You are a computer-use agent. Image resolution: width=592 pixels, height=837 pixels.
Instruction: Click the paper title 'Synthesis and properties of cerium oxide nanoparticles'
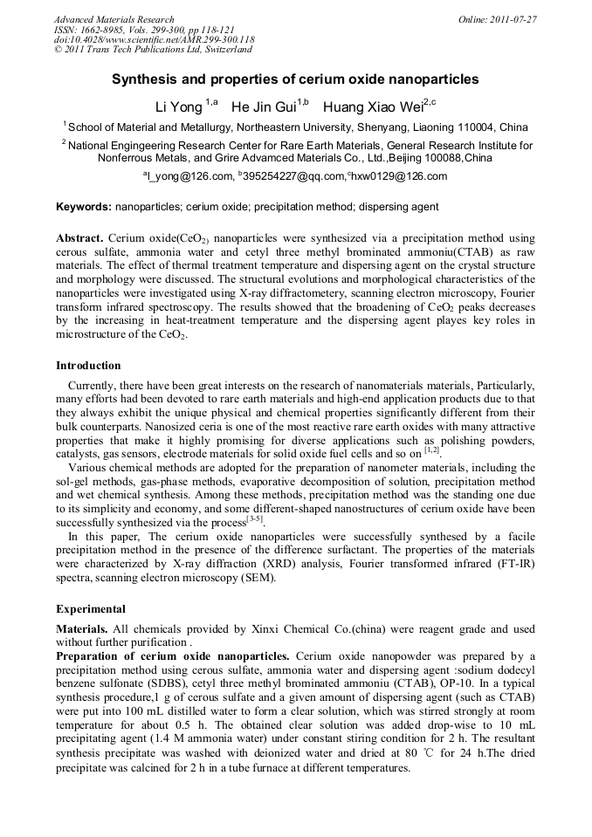tap(295, 79)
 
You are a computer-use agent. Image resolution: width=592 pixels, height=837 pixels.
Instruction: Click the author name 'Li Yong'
tap(178, 107)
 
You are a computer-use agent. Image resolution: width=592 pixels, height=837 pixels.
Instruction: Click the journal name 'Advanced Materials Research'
tap(114, 19)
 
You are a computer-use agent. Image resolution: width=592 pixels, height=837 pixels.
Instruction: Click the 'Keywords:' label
tap(84, 208)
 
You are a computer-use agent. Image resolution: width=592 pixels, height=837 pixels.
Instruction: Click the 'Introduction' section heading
tap(88, 366)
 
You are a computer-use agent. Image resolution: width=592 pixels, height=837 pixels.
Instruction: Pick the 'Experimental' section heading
tap(91, 609)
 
